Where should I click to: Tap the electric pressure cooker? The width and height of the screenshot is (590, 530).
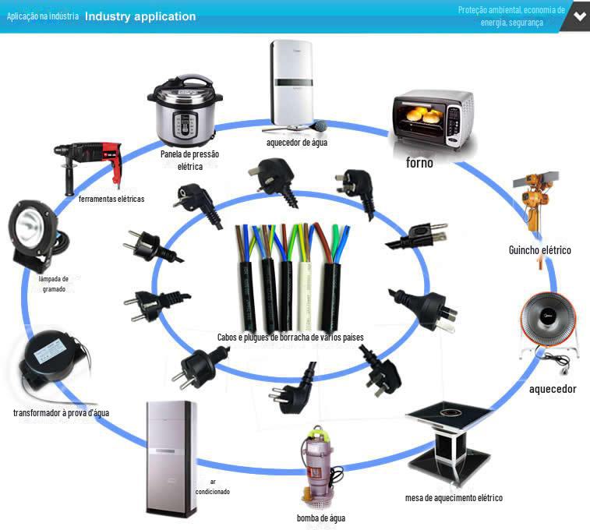tap(185, 110)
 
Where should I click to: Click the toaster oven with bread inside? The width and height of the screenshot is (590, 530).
tap(432, 119)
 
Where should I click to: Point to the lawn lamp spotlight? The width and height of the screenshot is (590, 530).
tap(36, 235)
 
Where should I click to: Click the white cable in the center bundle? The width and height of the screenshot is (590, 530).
tap(305, 278)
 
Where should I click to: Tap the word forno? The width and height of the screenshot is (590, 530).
tap(419, 163)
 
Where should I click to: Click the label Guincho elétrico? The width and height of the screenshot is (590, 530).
tap(540, 249)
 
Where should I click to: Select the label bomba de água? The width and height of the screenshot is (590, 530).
tap(321, 518)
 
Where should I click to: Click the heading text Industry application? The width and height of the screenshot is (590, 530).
tap(140, 16)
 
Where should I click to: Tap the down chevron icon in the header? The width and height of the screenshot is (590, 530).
tap(580, 16)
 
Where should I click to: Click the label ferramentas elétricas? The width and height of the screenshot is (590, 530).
tap(111, 199)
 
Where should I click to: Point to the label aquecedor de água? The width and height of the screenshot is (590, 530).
tap(297, 143)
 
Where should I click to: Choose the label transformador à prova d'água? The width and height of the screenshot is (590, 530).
tap(61, 412)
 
